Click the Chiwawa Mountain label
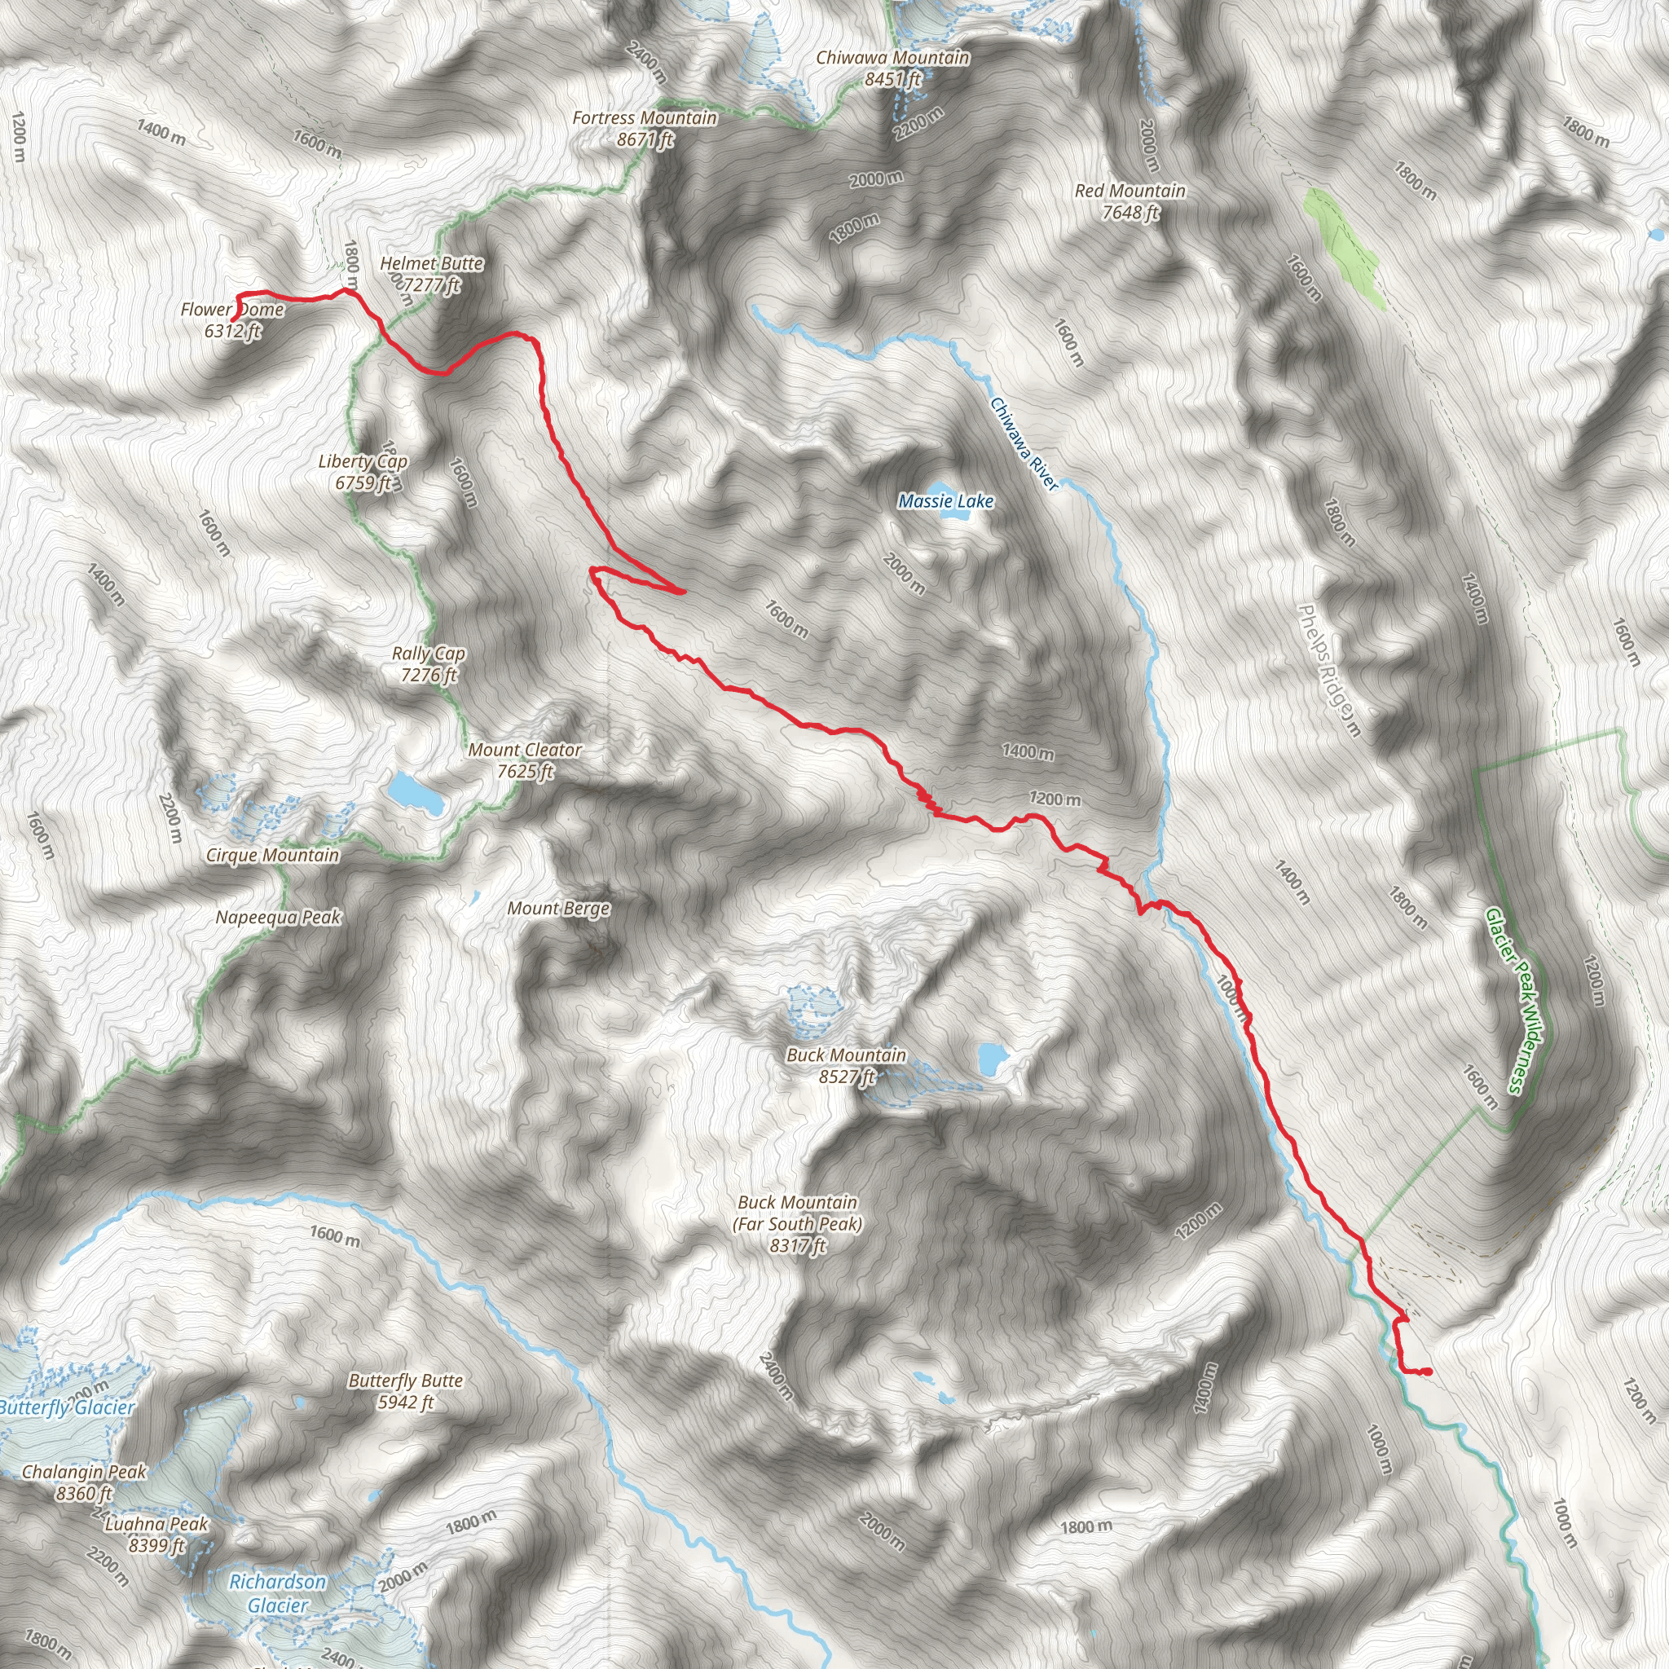(892, 68)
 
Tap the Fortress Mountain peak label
(645, 128)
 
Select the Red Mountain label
(1130, 200)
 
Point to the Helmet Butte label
(432, 273)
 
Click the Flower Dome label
(232, 319)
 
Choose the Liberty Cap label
(363, 472)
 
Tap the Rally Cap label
(429, 663)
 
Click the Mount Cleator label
(524, 760)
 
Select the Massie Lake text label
(946, 501)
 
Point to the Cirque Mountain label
(272, 855)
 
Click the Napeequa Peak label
(278, 918)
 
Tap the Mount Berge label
(558, 908)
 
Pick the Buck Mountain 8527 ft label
(846, 1065)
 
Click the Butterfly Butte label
(405, 1392)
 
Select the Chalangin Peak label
(84, 1482)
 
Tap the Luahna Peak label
(156, 1535)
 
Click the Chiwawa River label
(1024, 444)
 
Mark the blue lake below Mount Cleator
(416, 793)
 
